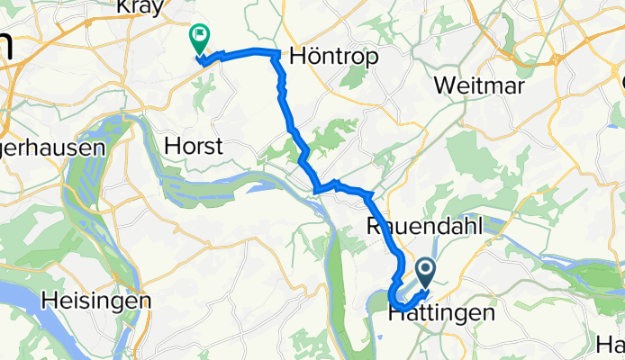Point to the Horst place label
click(x=193, y=145)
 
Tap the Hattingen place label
click(x=441, y=314)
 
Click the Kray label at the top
click(x=140, y=7)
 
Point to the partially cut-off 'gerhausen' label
click(x=53, y=147)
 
